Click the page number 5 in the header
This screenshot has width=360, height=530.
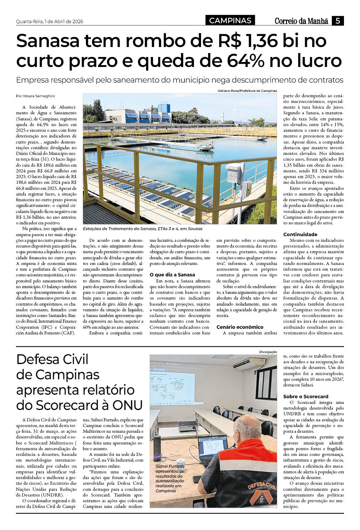(338, 21)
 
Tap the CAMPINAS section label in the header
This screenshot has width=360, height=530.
(230, 21)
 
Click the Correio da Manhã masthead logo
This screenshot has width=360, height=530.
(301, 21)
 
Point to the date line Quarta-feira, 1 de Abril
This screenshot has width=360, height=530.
(50, 21)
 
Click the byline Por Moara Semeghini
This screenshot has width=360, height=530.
(36, 96)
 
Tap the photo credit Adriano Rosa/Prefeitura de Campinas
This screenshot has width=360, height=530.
(247, 91)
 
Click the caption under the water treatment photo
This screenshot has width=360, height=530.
(143, 229)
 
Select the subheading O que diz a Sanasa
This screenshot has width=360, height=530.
(172, 275)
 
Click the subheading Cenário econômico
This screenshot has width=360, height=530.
(240, 327)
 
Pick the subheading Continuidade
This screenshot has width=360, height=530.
(300, 234)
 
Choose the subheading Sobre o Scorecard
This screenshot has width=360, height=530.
(305, 396)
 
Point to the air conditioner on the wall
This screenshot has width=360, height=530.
(249, 363)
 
